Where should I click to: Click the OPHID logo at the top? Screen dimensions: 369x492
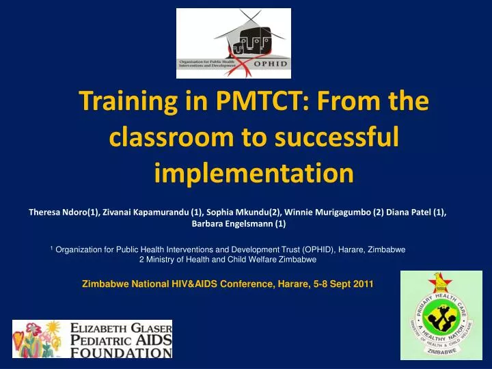(234, 43)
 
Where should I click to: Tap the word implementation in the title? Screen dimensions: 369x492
(254, 174)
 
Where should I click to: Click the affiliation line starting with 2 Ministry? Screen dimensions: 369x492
(227, 260)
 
